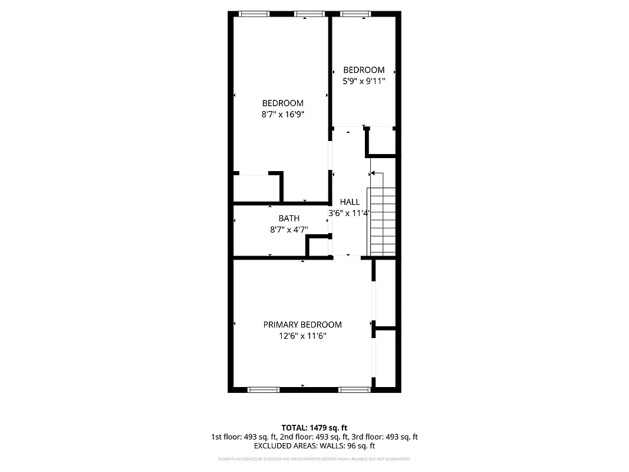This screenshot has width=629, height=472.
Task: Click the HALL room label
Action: pyautogui.click(x=350, y=202)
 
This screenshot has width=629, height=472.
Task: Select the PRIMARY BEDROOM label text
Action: pyautogui.click(x=302, y=324)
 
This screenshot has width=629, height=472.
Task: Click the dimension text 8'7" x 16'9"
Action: pyautogui.click(x=283, y=115)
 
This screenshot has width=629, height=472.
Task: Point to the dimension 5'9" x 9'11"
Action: pyautogui.click(x=364, y=81)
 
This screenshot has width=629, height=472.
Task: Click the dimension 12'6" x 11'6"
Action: pyautogui.click(x=302, y=336)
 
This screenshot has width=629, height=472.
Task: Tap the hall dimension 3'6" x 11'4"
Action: pyautogui.click(x=349, y=213)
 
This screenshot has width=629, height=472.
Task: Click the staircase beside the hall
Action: pyautogui.click(x=382, y=221)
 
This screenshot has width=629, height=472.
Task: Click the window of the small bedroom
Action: pyautogui.click(x=356, y=13)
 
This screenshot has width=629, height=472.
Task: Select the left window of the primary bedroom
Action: pyautogui.click(x=263, y=389)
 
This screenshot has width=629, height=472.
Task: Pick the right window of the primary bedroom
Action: pyautogui.click(x=354, y=389)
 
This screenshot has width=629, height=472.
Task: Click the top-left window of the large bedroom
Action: pyautogui.click(x=254, y=13)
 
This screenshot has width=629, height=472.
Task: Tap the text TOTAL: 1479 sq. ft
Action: pyautogui.click(x=314, y=427)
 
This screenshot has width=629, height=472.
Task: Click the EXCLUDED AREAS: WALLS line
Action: pyautogui.click(x=314, y=446)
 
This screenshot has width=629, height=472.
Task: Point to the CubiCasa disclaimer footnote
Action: pyautogui.click(x=314, y=458)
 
